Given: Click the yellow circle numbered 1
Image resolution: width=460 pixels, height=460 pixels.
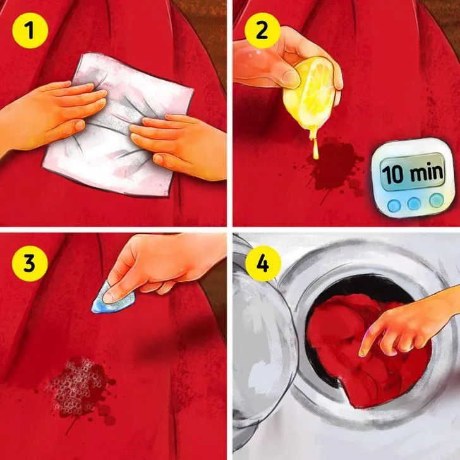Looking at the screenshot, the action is pyautogui.click(x=30, y=30).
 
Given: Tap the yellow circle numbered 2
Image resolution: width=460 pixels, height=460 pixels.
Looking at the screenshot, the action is pyautogui.click(x=263, y=30).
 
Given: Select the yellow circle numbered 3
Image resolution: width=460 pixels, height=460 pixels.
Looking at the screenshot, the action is pyautogui.click(x=30, y=263).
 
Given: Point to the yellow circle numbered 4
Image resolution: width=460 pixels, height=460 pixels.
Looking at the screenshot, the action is pyautogui.click(x=263, y=263).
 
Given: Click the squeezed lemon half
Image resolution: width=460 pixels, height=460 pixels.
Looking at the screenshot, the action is pyautogui.click(x=310, y=94).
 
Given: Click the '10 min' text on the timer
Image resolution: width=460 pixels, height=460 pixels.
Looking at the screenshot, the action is pyautogui.click(x=412, y=172).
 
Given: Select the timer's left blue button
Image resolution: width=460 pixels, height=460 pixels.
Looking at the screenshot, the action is pyautogui.click(x=394, y=205).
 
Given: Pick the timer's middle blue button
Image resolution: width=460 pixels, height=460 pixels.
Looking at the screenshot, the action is pyautogui.click(x=414, y=203).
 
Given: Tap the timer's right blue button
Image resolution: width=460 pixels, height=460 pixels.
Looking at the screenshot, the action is pyautogui.click(x=436, y=200).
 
